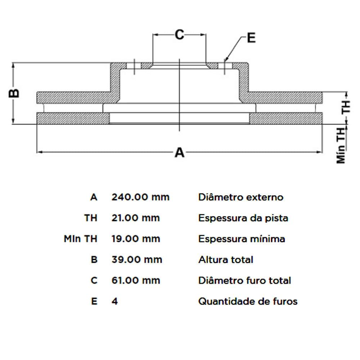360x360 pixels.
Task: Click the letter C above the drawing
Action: pos(179,35)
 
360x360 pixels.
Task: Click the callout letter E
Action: pos(251,38)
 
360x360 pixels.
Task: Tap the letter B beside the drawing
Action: pos(14,93)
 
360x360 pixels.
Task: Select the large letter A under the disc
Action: pos(179,153)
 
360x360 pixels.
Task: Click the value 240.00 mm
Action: pos(140,197)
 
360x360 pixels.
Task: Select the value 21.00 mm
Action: pos(136,218)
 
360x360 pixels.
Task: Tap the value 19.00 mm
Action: pos(136,239)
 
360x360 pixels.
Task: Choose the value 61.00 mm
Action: pos(136,280)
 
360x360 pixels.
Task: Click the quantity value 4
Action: pos(115,301)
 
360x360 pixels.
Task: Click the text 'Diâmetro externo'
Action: pos(241,197)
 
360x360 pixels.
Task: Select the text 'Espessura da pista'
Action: pos(243,218)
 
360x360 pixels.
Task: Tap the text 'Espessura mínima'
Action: pos(242,239)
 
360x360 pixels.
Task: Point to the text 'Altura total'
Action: pos(226,260)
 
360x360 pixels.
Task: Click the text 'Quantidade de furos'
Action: pos(248,301)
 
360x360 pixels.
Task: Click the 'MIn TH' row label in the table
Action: pos(80,239)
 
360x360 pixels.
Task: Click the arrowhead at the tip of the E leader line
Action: pos(225,60)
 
